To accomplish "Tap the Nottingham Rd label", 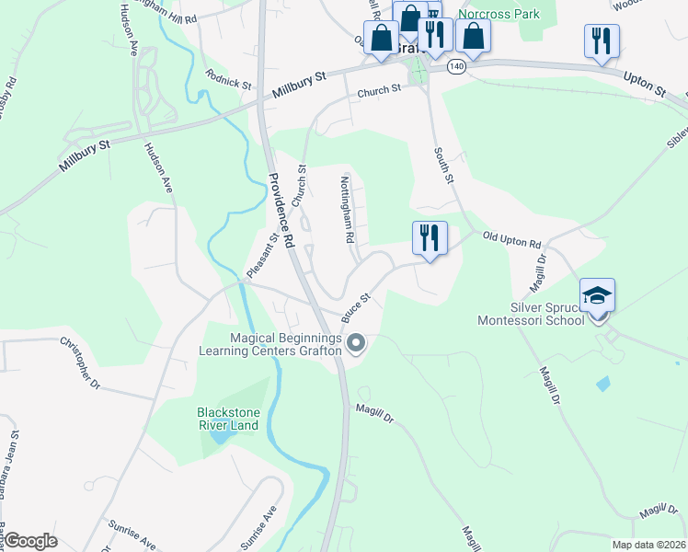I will pos(349,210).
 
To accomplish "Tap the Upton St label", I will pos(644,85).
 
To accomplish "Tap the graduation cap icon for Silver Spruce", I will pos(598,295).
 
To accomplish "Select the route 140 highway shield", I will pos(455,67).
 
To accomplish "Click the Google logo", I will pos(31,540).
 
